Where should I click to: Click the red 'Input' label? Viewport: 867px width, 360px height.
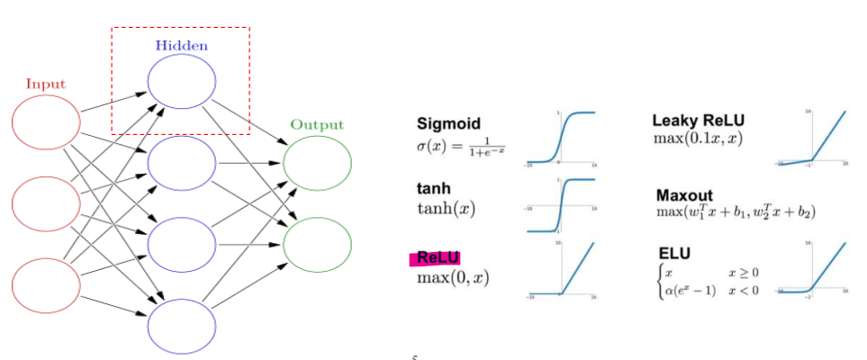point(45,84)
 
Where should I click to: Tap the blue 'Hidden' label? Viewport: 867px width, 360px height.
point(181,45)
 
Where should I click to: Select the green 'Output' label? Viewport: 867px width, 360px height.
point(316,125)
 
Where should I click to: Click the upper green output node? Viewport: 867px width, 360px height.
point(317,165)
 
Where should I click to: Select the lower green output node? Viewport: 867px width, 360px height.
point(317,243)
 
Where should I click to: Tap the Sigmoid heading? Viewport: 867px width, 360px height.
point(448,123)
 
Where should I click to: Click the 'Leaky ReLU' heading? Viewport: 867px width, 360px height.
point(699,121)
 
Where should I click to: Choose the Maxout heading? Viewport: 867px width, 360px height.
point(687,193)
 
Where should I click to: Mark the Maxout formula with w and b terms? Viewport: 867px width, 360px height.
point(736,212)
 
